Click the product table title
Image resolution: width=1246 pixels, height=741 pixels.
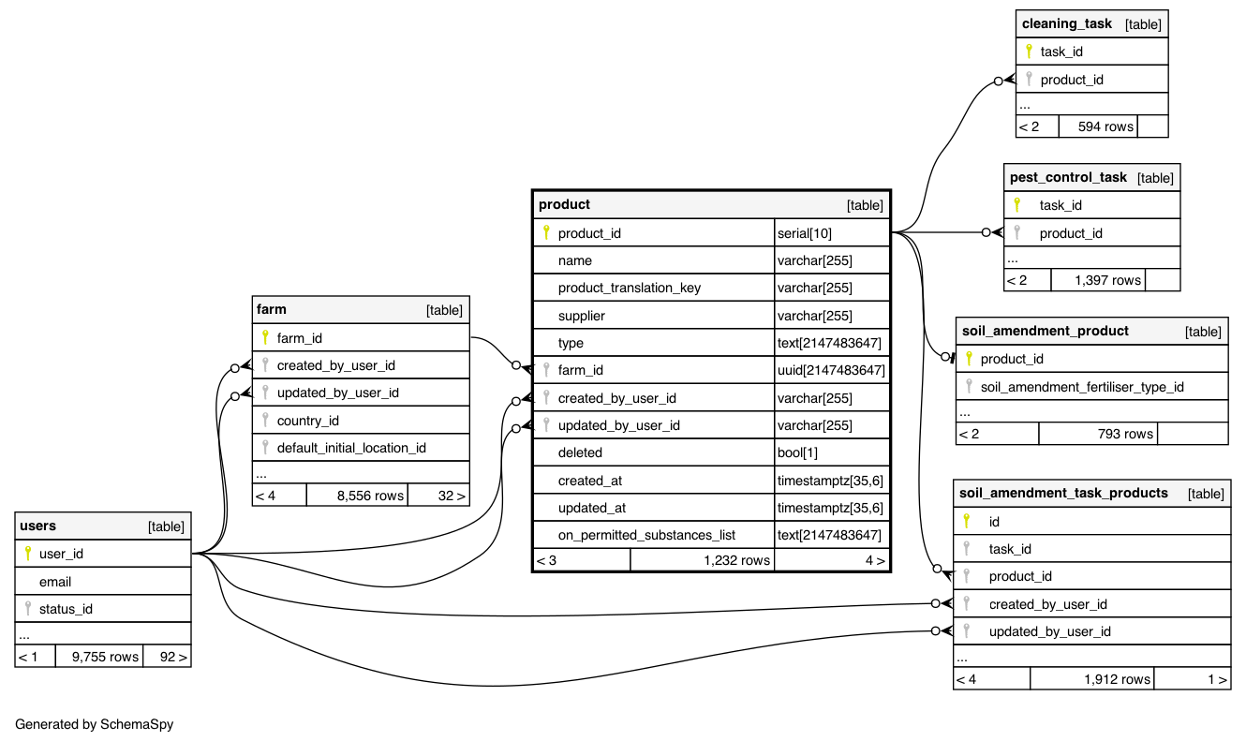click(x=565, y=204)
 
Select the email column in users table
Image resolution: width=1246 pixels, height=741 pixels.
click(x=55, y=582)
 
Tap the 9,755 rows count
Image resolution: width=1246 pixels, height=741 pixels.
click(x=98, y=657)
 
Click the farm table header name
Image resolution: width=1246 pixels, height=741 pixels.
click(x=272, y=309)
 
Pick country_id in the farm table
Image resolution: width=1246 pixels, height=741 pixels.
click(x=307, y=421)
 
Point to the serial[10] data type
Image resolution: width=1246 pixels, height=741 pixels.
click(x=805, y=233)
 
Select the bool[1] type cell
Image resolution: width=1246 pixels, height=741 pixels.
click(x=797, y=453)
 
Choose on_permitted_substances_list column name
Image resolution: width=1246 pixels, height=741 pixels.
click(x=646, y=535)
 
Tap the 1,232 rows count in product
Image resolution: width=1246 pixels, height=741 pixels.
click(x=736, y=560)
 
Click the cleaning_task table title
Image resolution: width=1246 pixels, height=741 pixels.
click(x=1067, y=23)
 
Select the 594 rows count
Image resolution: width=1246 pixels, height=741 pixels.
click(x=1105, y=126)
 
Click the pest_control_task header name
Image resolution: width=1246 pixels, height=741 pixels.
click(x=1068, y=177)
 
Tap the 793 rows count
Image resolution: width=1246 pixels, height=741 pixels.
click(x=1125, y=434)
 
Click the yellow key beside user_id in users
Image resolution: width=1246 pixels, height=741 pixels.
click(x=27, y=554)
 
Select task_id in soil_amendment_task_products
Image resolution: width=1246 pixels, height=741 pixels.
click(x=1010, y=549)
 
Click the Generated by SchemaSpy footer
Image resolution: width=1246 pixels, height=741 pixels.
click(x=95, y=724)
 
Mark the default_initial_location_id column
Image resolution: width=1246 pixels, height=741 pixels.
click(x=351, y=448)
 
